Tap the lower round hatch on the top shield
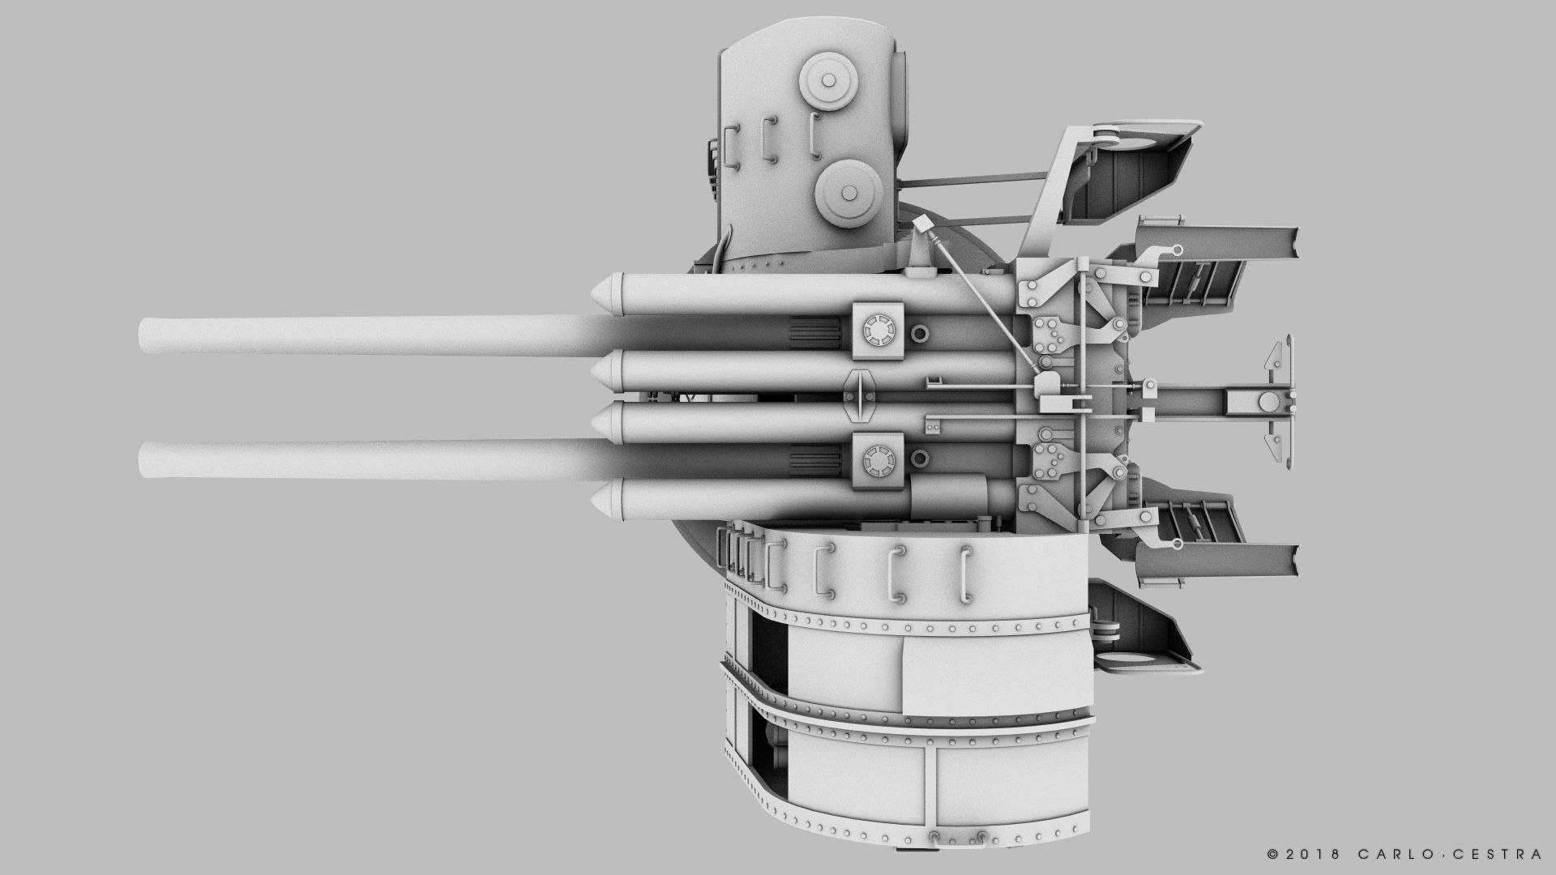tap(849, 192)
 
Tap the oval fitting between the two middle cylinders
tap(860, 396)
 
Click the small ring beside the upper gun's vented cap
tap(921, 333)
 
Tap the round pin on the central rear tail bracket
tap(1267, 399)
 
